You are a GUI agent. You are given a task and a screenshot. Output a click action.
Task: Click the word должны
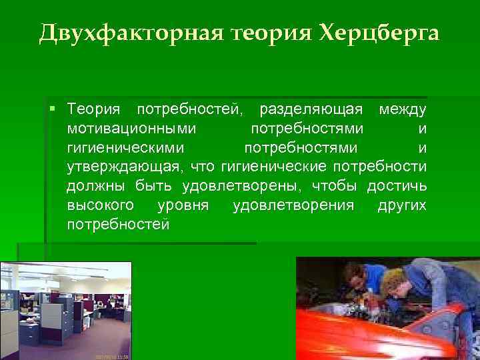pyautogui.click(x=94, y=186)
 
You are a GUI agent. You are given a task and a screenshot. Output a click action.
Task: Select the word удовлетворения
pyautogui.click(x=293, y=205)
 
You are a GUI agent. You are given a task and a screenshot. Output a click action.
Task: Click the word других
pyautogui.click(x=401, y=205)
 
